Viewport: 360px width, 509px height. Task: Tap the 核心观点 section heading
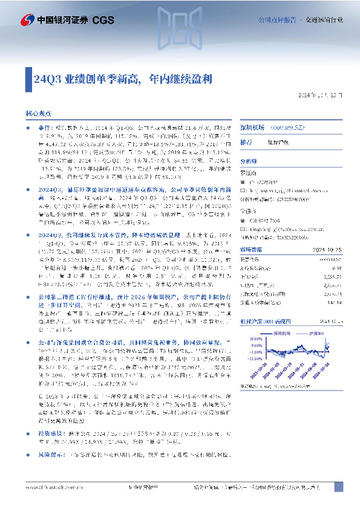pos(38,113)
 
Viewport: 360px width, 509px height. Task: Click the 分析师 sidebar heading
pos(249,162)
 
